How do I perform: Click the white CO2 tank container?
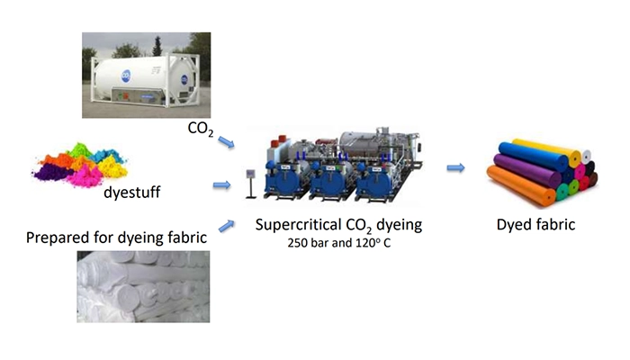click(145, 79)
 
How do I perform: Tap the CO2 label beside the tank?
click(201, 129)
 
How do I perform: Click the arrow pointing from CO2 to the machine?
click(226, 142)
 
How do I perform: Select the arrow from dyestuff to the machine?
click(221, 185)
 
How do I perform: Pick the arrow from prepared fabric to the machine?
click(227, 226)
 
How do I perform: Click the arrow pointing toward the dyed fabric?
click(455, 167)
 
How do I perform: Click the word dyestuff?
click(131, 192)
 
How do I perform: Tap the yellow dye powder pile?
click(112, 166)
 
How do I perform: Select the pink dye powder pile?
click(85, 176)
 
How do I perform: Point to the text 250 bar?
click(308, 243)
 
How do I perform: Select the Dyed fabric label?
click(535, 225)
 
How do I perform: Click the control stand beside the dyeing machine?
click(251, 184)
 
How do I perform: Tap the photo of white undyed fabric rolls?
click(143, 286)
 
